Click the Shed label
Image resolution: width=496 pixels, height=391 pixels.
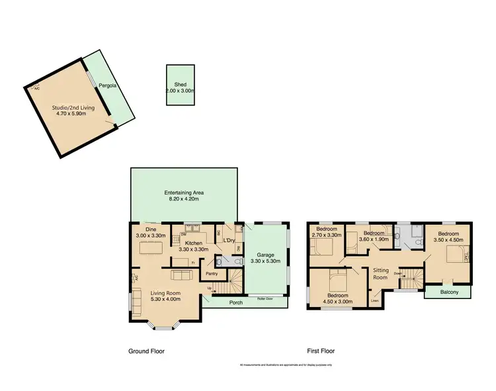point(180,85)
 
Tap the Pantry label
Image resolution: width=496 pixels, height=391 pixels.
point(212,273)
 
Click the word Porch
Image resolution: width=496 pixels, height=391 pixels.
point(236,302)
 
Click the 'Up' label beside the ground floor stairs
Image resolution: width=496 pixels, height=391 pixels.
point(210,288)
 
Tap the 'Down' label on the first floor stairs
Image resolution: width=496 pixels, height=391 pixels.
point(397,273)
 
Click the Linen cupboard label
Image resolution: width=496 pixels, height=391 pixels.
point(375,301)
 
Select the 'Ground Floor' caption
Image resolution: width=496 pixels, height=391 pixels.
point(146,351)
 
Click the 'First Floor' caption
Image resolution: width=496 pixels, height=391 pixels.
point(321,351)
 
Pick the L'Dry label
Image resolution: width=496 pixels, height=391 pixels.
point(230,239)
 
